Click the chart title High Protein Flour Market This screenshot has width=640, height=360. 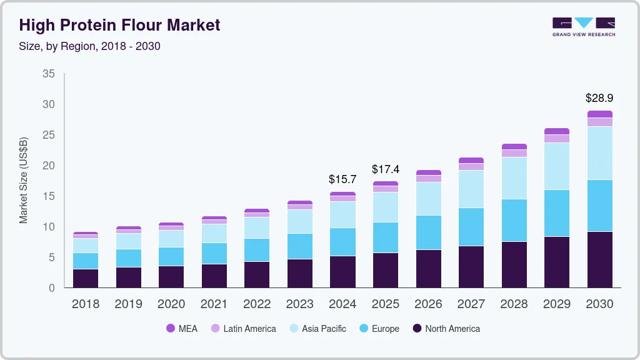119,25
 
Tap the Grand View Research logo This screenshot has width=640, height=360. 583,26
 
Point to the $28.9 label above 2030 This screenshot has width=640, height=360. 599,98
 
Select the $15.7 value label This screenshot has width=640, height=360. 342,179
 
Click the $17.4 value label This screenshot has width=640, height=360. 385,169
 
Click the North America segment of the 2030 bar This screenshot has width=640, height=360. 599,259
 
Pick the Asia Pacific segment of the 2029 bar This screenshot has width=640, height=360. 556,166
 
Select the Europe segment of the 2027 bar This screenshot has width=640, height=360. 471,227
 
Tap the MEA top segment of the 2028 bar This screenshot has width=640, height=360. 514,147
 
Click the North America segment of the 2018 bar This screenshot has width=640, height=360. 85,278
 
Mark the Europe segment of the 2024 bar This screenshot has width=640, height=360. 342,242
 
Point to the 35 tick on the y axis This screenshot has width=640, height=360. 48,74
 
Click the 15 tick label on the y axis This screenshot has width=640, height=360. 48,196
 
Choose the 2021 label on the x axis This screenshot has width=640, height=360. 214,304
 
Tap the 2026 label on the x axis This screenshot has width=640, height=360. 428,304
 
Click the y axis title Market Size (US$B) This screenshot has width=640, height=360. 23,181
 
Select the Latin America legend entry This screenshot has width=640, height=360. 243,329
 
